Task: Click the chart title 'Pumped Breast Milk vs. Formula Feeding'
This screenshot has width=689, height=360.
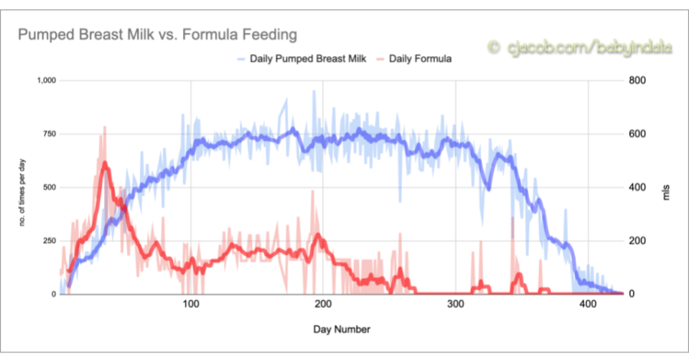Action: pos(157,34)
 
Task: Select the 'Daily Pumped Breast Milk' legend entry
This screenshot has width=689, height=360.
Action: pos(302,59)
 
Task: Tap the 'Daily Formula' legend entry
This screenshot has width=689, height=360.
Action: pos(414,59)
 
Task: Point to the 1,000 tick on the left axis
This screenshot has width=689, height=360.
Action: pos(47,80)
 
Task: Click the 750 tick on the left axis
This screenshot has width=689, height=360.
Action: pos(50,134)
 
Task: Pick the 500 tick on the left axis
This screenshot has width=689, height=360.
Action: pos(50,188)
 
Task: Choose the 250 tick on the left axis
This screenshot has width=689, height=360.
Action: pos(50,241)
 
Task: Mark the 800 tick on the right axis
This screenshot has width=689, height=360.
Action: pos(638,80)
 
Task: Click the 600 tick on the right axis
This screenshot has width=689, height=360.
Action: pos(638,134)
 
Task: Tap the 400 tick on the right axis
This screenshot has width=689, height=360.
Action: pos(638,188)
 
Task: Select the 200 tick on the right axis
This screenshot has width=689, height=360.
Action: pos(638,241)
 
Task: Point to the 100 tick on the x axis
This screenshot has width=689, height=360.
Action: pos(191,304)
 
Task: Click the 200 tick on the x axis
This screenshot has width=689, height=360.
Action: pos(323,304)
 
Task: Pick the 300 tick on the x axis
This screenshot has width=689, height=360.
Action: pos(456,304)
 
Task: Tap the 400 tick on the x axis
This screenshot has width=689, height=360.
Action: pos(589,304)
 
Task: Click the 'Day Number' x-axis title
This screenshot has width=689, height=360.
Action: pos(342,329)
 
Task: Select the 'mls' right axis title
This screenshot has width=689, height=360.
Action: pos(667,192)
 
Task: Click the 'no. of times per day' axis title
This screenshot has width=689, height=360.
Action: pos(22,192)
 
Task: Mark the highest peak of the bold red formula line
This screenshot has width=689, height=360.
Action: pos(105,162)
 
